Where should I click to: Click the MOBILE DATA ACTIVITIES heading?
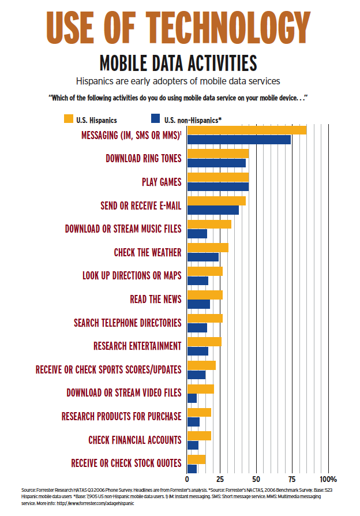click(x=178, y=62)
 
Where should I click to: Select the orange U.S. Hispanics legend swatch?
click(x=68, y=119)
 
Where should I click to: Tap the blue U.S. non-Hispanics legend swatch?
click(x=154, y=119)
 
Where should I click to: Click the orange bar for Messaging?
click(x=247, y=130)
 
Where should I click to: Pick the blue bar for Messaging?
click(x=239, y=140)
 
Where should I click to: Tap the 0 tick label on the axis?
click(x=187, y=479)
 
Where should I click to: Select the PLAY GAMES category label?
click(x=162, y=182)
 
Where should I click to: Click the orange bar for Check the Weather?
click(x=208, y=248)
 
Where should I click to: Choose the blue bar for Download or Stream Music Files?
click(x=197, y=234)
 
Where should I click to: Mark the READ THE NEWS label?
click(x=156, y=299)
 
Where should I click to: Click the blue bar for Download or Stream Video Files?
click(x=192, y=398)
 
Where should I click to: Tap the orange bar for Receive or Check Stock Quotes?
click(x=196, y=459)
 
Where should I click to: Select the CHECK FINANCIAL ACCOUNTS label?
click(x=134, y=440)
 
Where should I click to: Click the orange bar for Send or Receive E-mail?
click(x=216, y=201)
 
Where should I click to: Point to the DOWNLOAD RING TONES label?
click(x=144, y=158)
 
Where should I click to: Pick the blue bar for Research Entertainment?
click(x=197, y=351)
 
